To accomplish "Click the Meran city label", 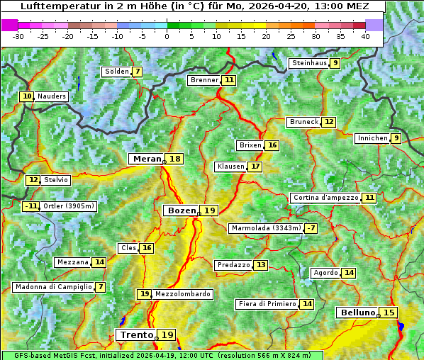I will (x=147, y=159).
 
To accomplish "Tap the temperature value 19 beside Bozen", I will (x=209, y=210).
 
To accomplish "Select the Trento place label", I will (x=136, y=334).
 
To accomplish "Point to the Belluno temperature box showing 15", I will (x=389, y=313).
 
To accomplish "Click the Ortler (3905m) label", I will (x=68, y=206).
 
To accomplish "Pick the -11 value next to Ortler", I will (x=30, y=206).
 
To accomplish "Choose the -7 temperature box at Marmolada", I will (x=311, y=228).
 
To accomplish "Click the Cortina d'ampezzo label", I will (x=325, y=198).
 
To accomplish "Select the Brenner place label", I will (x=204, y=80).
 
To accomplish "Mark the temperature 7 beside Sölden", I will (x=137, y=72).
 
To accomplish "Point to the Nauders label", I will (x=51, y=96).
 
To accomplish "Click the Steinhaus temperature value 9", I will (x=335, y=63).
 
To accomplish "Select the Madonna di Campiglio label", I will (x=53, y=287).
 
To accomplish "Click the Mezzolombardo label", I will (x=182, y=294).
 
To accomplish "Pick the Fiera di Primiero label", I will (x=267, y=304).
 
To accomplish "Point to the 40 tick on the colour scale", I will (x=365, y=35).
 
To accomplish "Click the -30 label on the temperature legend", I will (x=18, y=35).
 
